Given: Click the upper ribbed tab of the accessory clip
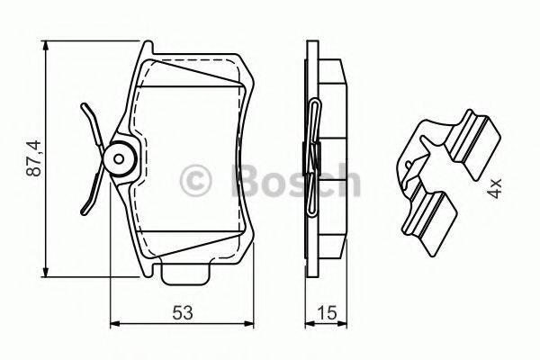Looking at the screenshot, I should click(x=472, y=139).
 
